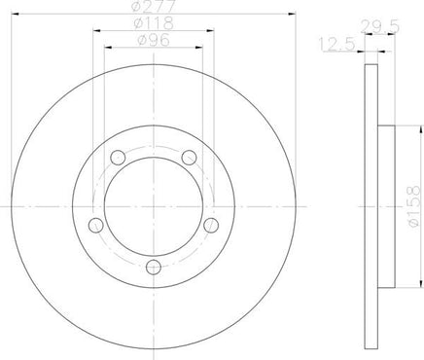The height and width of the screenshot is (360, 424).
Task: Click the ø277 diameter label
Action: click(154, 6)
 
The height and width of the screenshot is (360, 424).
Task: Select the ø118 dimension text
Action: click(154, 23)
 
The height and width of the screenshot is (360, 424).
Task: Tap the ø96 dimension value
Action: click(154, 40)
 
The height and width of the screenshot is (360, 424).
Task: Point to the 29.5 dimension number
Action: click(380, 26)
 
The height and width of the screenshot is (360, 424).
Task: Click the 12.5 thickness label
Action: click(337, 44)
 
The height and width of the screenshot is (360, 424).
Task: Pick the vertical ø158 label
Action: click(415, 206)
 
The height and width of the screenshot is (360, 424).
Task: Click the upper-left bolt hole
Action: click(118, 158)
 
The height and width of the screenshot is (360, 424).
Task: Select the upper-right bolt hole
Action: click(189, 158)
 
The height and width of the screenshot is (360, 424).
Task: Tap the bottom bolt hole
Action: click(154, 267)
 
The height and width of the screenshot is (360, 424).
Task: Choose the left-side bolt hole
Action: click(96, 226)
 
